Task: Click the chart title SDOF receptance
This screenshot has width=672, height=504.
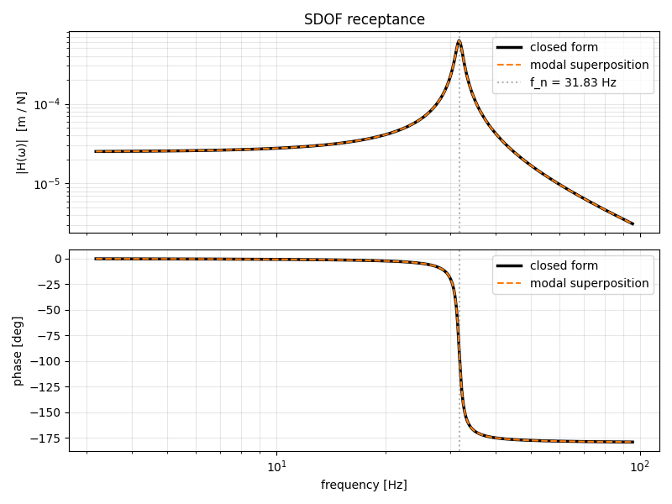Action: (x=364, y=19)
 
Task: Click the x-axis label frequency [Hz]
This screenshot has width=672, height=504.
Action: (x=364, y=485)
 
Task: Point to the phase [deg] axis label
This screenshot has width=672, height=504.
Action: (x=18, y=350)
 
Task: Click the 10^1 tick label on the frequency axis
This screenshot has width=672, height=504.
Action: (x=276, y=467)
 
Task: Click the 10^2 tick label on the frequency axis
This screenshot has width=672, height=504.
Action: (x=640, y=467)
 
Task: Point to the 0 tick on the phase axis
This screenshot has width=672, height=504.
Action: (x=58, y=259)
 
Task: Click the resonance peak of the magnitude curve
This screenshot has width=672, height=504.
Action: (x=459, y=40)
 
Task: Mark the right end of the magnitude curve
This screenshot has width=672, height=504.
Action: (x=633, y=224)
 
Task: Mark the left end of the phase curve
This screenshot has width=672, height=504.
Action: (x=96, y=259)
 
